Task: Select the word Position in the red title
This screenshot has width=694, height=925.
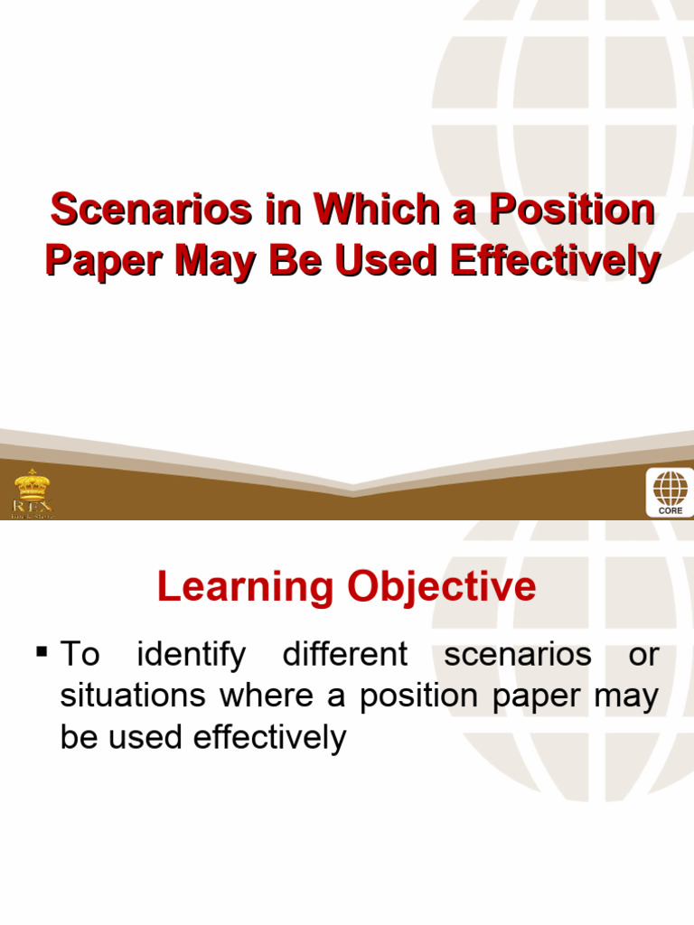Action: [570, 210]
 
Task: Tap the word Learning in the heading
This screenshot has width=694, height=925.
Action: [244, 588]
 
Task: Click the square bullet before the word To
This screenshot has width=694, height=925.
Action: [41, 650]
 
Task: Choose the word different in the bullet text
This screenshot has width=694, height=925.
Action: [345, 654]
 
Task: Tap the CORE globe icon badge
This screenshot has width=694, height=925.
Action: [670, 492]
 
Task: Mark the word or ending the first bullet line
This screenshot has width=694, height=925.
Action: [643, 655]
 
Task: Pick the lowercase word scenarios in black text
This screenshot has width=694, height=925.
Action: [517, 655]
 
